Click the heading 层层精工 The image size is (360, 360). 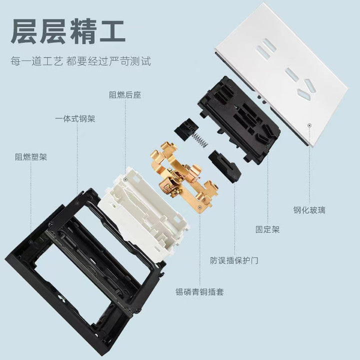click(68, 31)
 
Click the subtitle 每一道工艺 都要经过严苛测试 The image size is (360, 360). click(80, 61)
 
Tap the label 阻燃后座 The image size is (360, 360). click(125, 95)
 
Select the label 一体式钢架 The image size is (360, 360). click(75, 119)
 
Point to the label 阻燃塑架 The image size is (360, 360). click(31, 157)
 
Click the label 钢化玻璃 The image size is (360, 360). click(309, 210)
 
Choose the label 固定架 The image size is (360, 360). click(267, 229)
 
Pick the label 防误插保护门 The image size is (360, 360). click(234, 260)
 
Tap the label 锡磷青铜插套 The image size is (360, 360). click(199, 292)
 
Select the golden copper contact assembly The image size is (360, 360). click(183, 177)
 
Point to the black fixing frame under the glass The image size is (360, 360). click(239, 120)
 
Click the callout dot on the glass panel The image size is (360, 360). click(309, 125)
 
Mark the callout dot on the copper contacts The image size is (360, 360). click(200, 207)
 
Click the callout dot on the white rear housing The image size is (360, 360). click(125, 179)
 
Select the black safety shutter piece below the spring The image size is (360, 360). click(225, 166)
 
